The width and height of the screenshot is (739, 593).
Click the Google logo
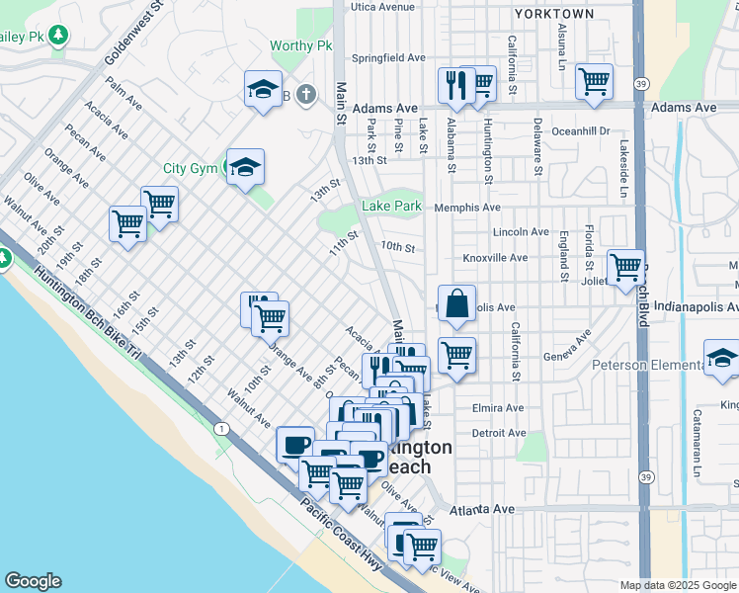[x=33, y=581]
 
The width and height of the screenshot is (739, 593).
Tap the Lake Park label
[x=391, y=206]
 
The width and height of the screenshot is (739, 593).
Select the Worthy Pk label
[x=301, y=45]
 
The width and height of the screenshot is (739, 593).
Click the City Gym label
[x=190, y=168]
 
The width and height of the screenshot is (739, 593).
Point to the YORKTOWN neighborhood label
[x=553, y=14]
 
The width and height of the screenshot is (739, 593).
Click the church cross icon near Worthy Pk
[x=306, y=95]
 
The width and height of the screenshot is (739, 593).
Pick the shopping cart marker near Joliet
[x=625, y=267]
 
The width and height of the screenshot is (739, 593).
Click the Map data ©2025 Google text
[x=677, y=585]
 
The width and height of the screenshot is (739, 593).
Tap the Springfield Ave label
[x=388, y=58]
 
